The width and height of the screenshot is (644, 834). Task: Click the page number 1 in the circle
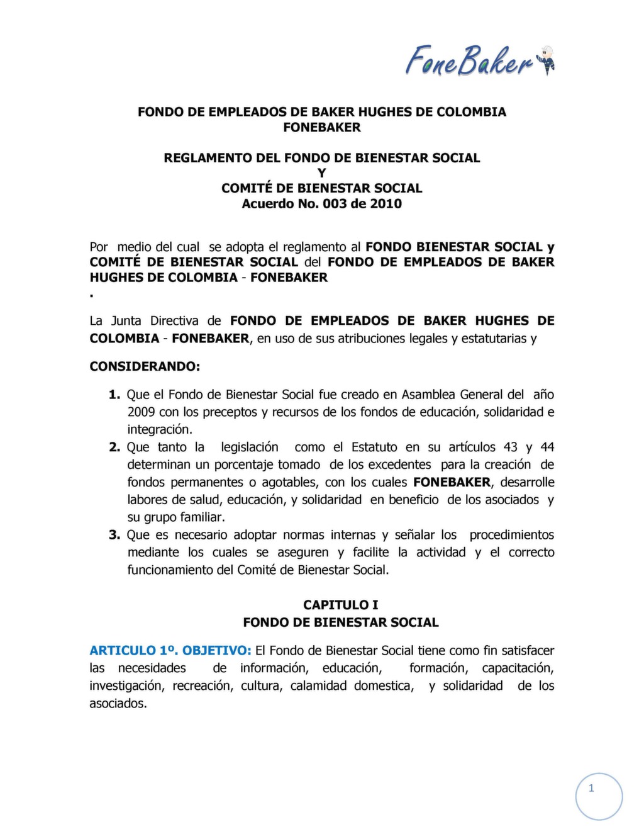591,788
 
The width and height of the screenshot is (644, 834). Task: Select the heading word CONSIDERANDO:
145,366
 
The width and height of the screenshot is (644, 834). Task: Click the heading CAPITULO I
340,605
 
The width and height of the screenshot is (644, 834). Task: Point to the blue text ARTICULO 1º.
133,650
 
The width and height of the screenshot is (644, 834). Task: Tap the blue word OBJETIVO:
217,650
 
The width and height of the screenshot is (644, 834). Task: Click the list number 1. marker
114,395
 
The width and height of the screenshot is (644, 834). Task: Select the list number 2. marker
114,447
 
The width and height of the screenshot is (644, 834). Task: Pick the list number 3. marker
114,535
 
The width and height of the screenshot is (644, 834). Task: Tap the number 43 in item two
510,447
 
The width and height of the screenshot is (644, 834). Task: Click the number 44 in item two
547,447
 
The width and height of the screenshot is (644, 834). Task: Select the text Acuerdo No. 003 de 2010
321,203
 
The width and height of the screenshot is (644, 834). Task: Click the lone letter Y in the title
321,173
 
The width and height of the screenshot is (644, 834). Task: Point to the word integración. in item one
160,430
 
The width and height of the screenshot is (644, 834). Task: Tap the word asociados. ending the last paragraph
118,703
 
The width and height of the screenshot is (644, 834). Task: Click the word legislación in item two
249,447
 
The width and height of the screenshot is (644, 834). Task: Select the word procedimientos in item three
511,535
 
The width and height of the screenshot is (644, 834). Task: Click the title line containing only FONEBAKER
321,127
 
